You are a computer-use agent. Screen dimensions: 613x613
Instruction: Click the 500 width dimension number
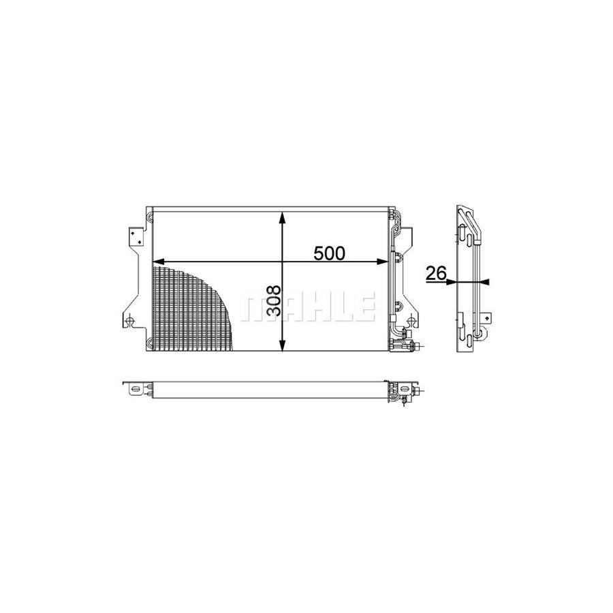[330, 253]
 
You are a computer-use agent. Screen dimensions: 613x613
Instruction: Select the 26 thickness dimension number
[435, 274]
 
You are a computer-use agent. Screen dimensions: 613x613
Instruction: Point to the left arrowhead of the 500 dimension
[157, 262]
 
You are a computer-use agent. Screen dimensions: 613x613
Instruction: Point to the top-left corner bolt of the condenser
[149, 218]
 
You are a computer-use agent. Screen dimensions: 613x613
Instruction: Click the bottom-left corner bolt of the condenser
[149, 343]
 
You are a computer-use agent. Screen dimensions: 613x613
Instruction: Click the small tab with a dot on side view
[486, 317]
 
